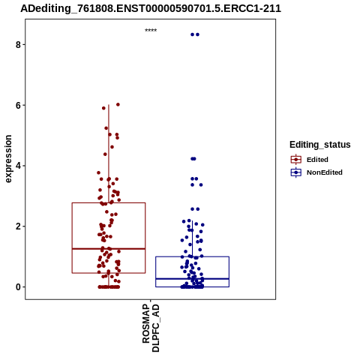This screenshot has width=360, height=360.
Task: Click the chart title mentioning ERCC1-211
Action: [151, 8]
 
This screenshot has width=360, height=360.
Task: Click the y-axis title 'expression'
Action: [8, 159]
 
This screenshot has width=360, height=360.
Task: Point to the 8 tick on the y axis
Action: [18, 45]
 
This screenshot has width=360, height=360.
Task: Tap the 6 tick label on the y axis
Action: [18, 106]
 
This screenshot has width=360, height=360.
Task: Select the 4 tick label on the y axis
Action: [18, 166]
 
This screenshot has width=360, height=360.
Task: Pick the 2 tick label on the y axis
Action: [18, 226]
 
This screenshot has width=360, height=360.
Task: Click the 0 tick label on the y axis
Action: [18, 287]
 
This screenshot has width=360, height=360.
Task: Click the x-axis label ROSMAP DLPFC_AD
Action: [151, 328]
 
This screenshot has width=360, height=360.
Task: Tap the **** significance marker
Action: [151, 30]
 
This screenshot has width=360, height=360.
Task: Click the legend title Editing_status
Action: [320, 145]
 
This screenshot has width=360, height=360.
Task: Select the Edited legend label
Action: [317, 160]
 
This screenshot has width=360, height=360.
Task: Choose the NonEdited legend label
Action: [325, 172]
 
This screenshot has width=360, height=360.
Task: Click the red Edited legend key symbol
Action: [296, 160]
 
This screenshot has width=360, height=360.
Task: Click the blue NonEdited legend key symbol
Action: [296, 172]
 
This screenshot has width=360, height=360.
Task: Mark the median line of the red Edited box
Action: [109, 249]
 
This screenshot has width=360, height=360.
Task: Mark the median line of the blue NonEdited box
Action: [192, 279]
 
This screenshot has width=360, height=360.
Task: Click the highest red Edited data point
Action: [118, 104]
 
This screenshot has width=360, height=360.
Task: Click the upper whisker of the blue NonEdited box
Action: [192, 238]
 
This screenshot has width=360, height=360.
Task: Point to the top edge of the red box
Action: [109, 202]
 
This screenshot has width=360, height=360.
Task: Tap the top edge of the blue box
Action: [192, 256]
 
